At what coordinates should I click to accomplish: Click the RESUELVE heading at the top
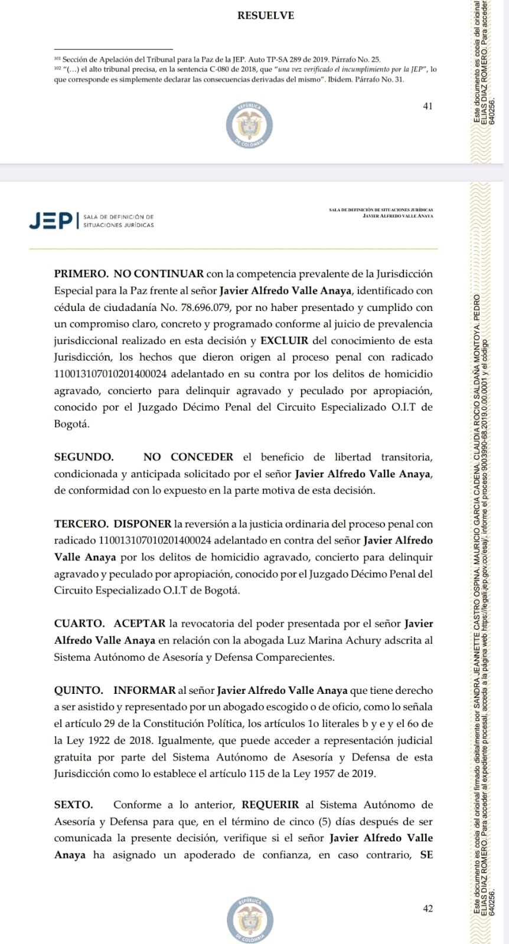(265, 16)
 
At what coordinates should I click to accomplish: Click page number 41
(428, 106)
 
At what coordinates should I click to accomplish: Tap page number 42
(428, 909)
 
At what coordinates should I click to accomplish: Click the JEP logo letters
(51, 221)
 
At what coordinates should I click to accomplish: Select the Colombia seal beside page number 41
(249, 126)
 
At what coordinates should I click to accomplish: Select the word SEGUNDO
(83, 457)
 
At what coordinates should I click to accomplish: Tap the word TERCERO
(81, 524)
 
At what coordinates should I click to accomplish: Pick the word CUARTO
(79, 623)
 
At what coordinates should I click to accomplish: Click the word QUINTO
(79, 690)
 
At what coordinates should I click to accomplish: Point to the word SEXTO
(73, 805)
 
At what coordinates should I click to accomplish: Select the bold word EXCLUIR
(284, 340)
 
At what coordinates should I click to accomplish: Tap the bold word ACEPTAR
(139, 623)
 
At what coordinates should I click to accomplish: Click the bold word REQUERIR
(270, 805)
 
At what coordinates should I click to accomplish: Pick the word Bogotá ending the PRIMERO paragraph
(71, 424)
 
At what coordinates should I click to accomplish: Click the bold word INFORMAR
(145, 690)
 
